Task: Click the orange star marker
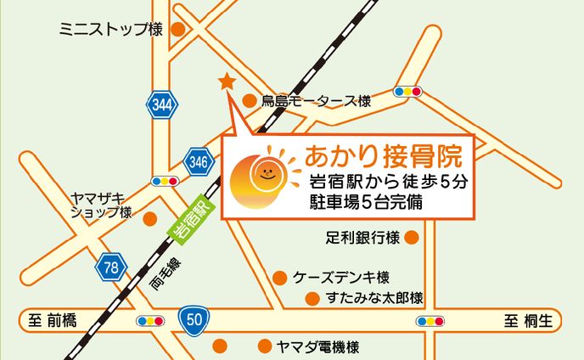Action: point(227,82)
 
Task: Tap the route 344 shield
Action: point(161,105)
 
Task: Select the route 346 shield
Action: point(198,160)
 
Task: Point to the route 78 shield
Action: point(109,267)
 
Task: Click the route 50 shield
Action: point(194,319)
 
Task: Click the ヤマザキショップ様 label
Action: point(100,204)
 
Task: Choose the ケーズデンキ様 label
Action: point(340,278)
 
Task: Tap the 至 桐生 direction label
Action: point(529,321)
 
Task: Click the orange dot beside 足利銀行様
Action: point(413,237)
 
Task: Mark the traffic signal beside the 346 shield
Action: point(164,181)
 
